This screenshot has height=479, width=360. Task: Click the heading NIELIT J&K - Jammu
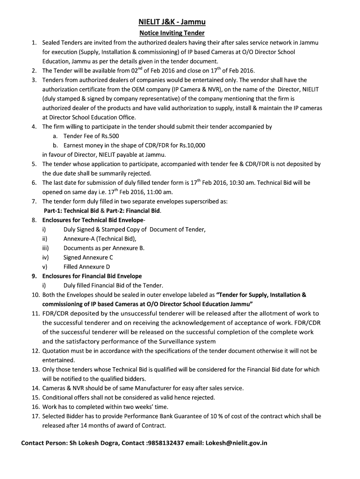click(x=172, y=22)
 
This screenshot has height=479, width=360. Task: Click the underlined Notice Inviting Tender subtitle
click(x=172, y=33)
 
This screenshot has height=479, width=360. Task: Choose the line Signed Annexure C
click(x=88, y=257)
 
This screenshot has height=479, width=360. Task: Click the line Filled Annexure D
click(x=87, y=267)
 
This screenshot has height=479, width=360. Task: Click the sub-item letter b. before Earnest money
click(x=55, y=145)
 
